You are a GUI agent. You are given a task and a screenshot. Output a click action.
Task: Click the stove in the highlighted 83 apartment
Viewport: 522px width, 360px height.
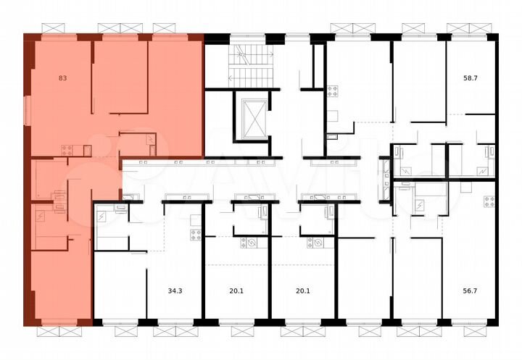67,151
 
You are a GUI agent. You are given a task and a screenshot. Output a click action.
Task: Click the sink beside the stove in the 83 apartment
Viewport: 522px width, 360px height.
87,151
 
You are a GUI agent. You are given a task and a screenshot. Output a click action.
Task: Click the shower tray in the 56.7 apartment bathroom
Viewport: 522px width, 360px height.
420,205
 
